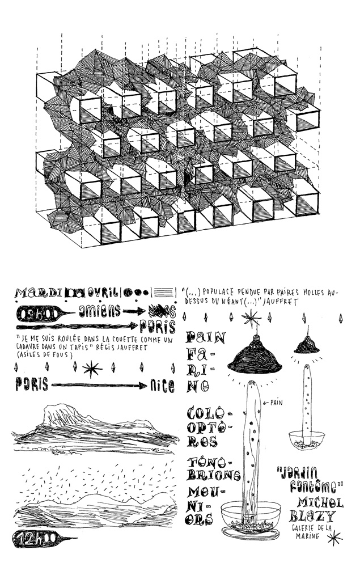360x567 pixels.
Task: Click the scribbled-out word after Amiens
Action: pos(158,310)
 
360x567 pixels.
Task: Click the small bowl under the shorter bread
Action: pos(307,439)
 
